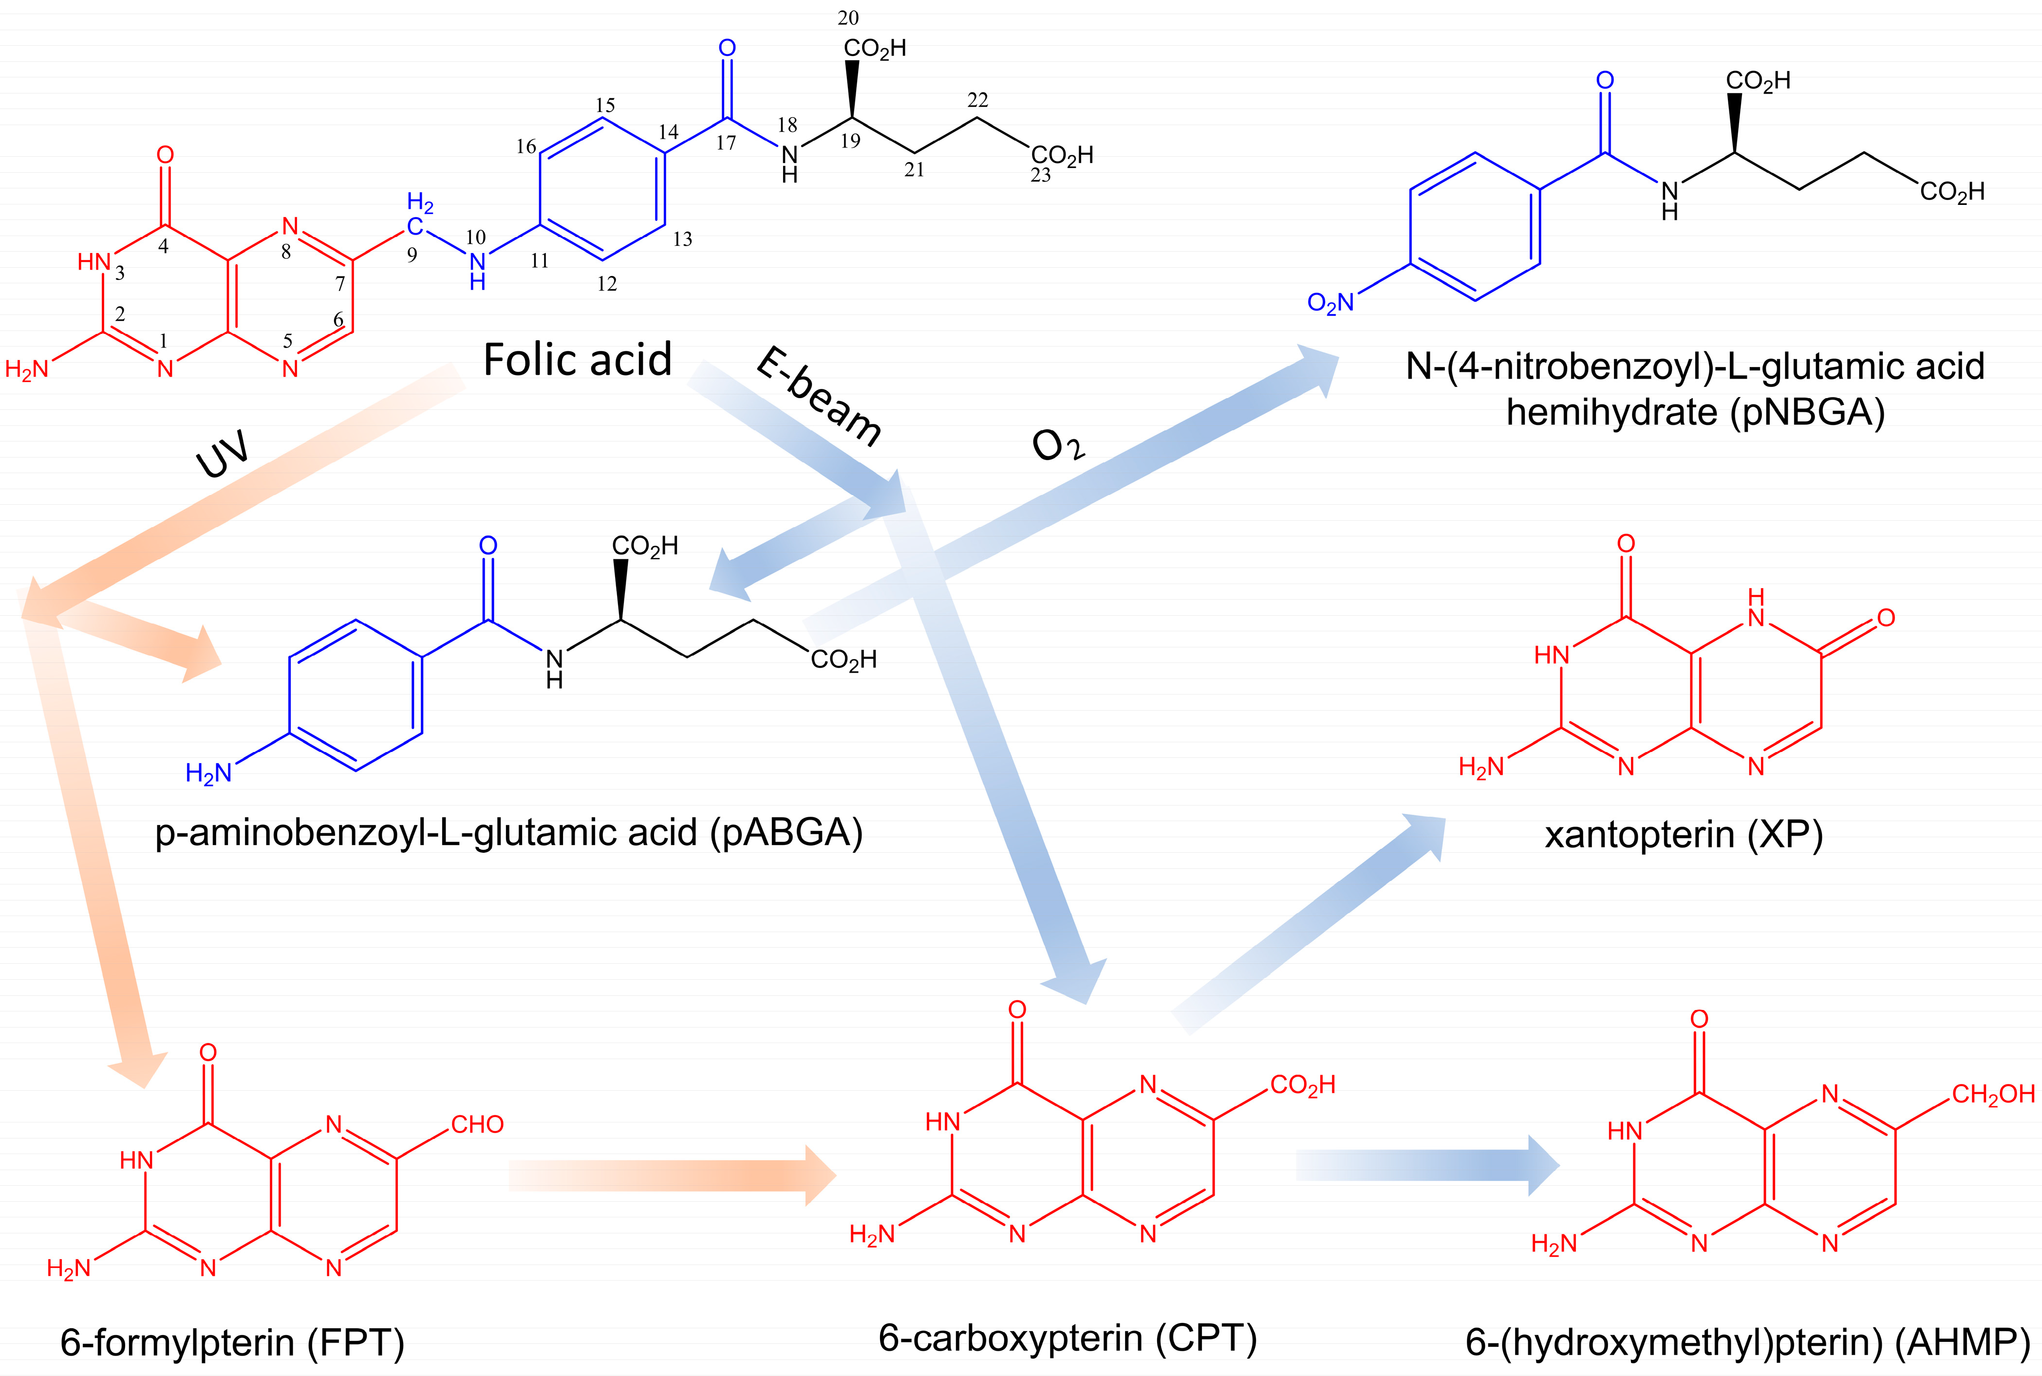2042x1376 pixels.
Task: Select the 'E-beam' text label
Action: pyautogui.click(x=818, y=397)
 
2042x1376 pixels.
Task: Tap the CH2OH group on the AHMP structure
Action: pyautogui.click(x=1993, y=1094)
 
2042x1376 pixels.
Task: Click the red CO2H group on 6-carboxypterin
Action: pyautogui.click(x=1302, y=1085)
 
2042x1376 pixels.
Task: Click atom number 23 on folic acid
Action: pyautogui.click(x=1040, y=176)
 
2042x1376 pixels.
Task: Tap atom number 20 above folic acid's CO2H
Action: pyautogui.click(x=848, y=18)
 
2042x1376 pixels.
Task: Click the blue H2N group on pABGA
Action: pyautogui.click(x=209, y=773)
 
